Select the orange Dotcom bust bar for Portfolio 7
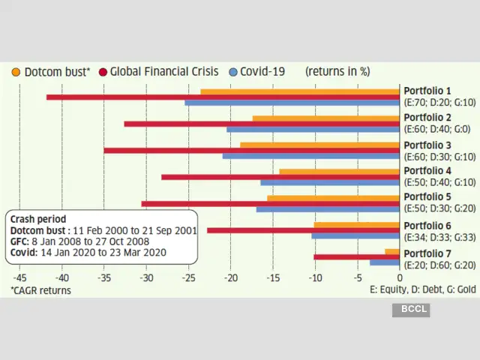(x=392, y=251)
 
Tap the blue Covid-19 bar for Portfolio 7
(x=385, y=262)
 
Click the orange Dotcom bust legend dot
(x=16, y=72)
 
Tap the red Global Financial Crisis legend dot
(x=102, y=72)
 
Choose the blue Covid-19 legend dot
(x=233, y=72)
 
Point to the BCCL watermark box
(x=414, y=309)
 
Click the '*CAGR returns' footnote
(x=40, y=289)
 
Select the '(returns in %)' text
(x=337, y=72)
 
